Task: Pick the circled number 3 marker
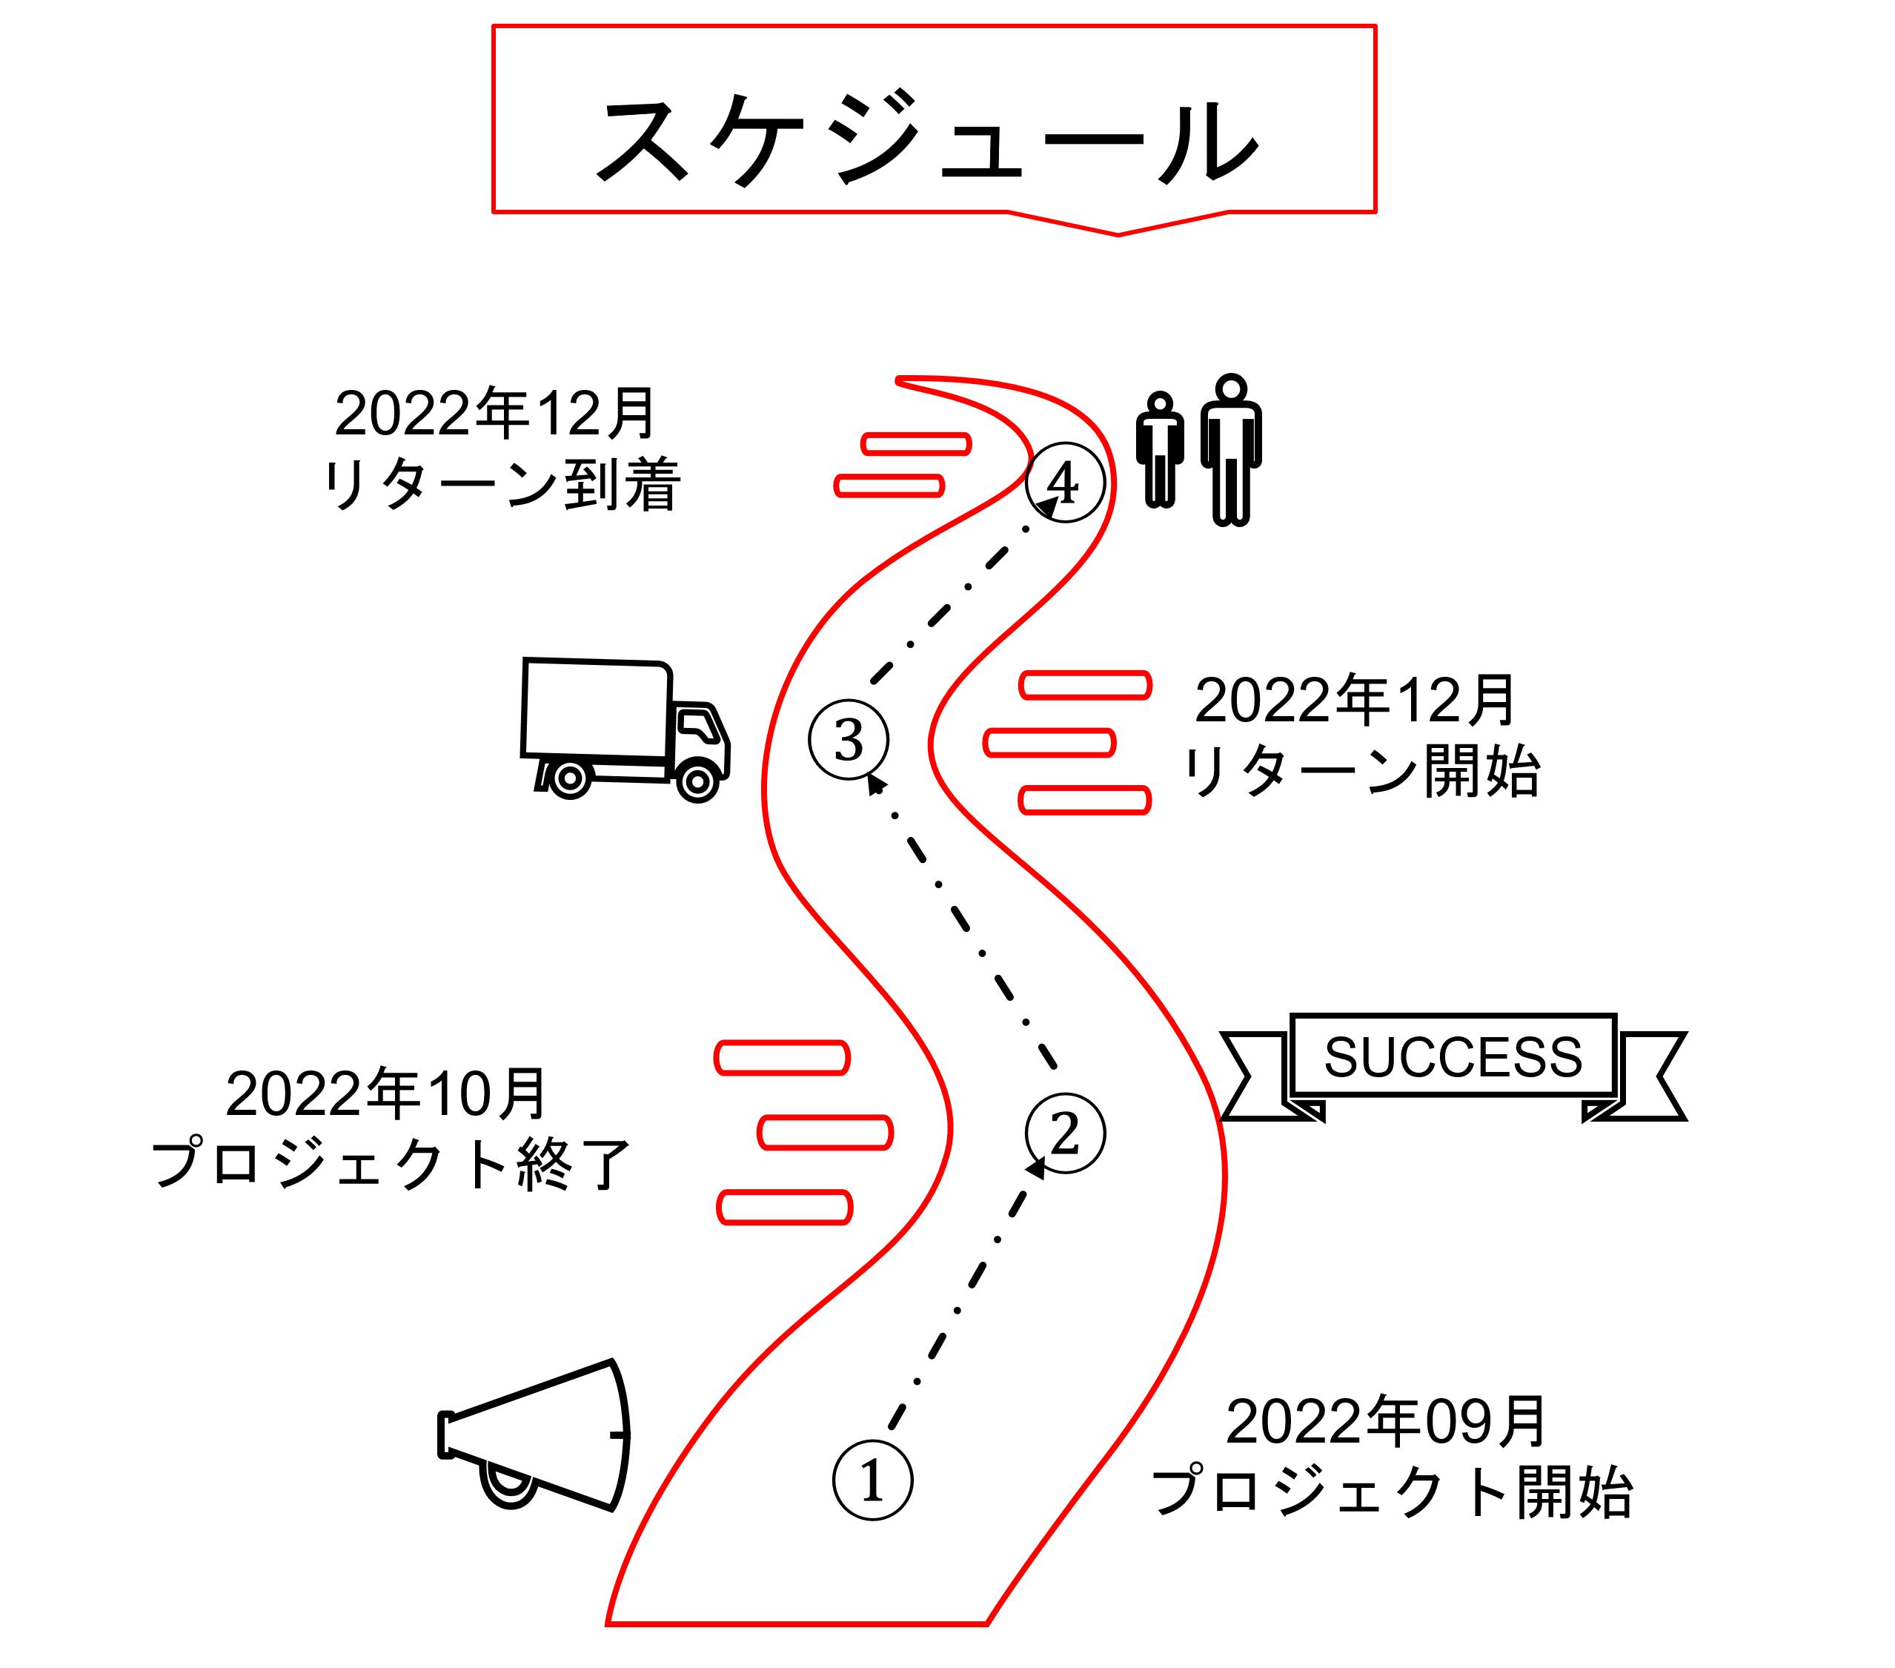click(x=849, y=740)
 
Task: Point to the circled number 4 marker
click(x=1065, y=483)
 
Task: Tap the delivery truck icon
click(x=625, y=729)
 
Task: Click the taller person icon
click(x=1231, y=450)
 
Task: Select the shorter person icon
click(x=1160, y=450)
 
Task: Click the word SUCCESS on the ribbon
click(x=1453, y=1057)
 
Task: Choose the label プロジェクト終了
click(x=391, y=1165)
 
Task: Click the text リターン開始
click(x=1361, y=772)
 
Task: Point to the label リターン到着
click(x=502, y=485)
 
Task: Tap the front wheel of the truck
click(x=697, y=781)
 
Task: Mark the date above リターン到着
click(x=495, y=414)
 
